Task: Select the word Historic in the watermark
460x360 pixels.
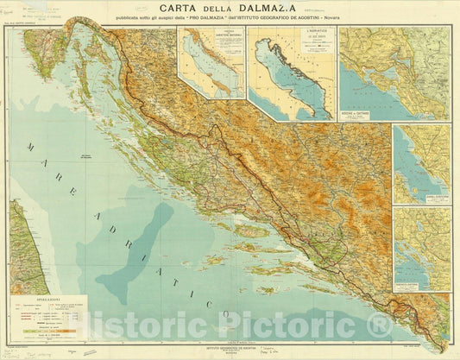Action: [138, 327]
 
